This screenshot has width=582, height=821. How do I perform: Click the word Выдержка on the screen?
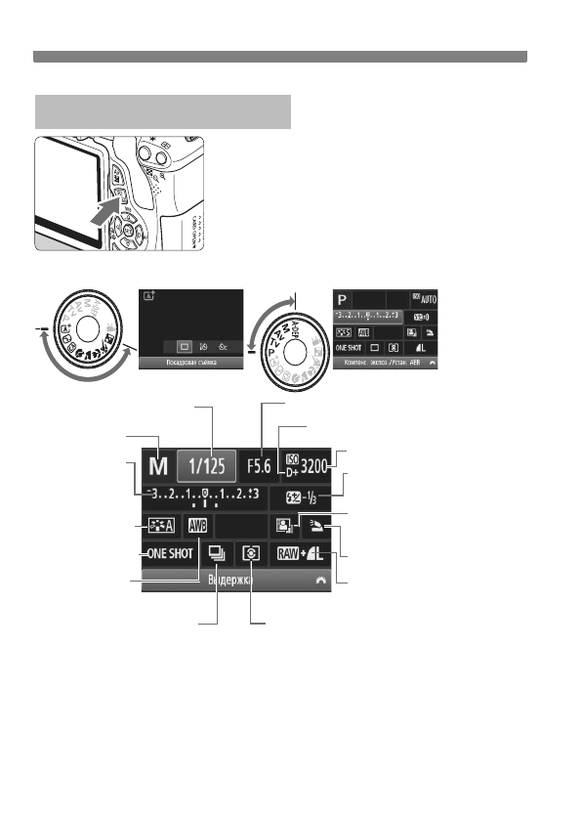pyautogui.click(x=231, y=580)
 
